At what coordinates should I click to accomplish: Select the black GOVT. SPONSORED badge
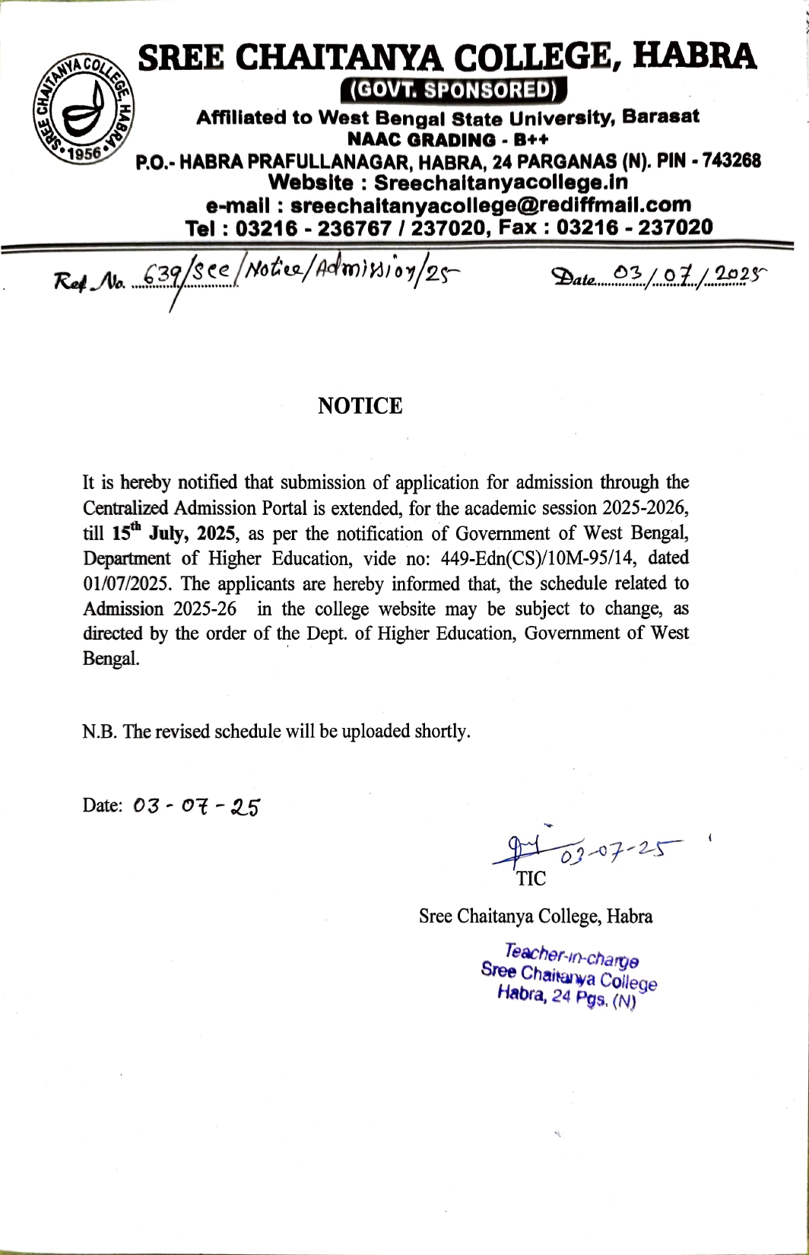coord(455,90)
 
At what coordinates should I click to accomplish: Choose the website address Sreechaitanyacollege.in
coord(501,183)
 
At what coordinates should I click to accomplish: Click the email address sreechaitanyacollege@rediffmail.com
coord(490,205)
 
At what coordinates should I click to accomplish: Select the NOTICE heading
coord(360,406)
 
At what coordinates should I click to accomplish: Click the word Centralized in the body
coord(125,507)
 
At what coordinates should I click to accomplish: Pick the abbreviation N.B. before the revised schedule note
coord(100,731)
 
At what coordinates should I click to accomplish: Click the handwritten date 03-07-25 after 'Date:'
coord(196,806)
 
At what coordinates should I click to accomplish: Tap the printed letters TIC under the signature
coord(531,879)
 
